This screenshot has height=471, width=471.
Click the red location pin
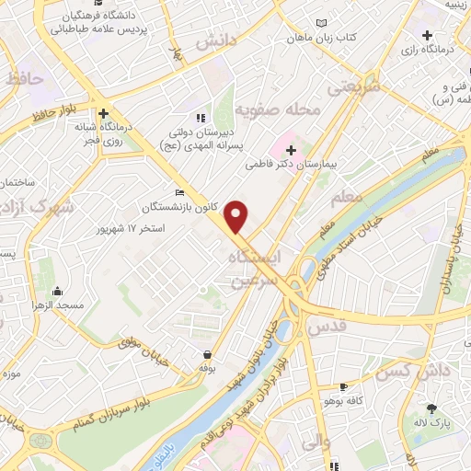(x=236, y=215)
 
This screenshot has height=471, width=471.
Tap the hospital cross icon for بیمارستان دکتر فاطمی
(x=291, y=149)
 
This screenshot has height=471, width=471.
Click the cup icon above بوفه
(x=208, y=353)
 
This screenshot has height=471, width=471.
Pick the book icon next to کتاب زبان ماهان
(x=320, y=23)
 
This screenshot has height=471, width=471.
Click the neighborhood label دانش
(x=218, y=40)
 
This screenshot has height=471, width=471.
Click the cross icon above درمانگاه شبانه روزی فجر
(x=106, y=111)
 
